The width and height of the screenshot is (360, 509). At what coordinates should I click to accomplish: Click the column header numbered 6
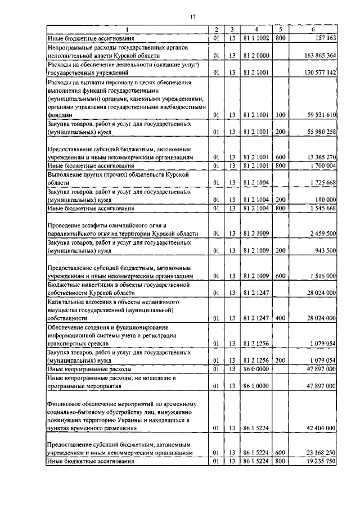[x=313, y=29]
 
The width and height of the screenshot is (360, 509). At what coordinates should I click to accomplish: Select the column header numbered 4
[x=256, y=29]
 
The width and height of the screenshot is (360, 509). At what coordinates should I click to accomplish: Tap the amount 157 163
[x=323, y=38]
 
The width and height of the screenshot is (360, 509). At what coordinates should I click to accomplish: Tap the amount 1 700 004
[x=320, y=166]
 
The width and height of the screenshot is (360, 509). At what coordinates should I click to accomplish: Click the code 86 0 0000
[x=256, y=369]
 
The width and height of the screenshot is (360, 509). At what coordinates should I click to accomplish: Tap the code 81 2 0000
[x=256, y=56]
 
